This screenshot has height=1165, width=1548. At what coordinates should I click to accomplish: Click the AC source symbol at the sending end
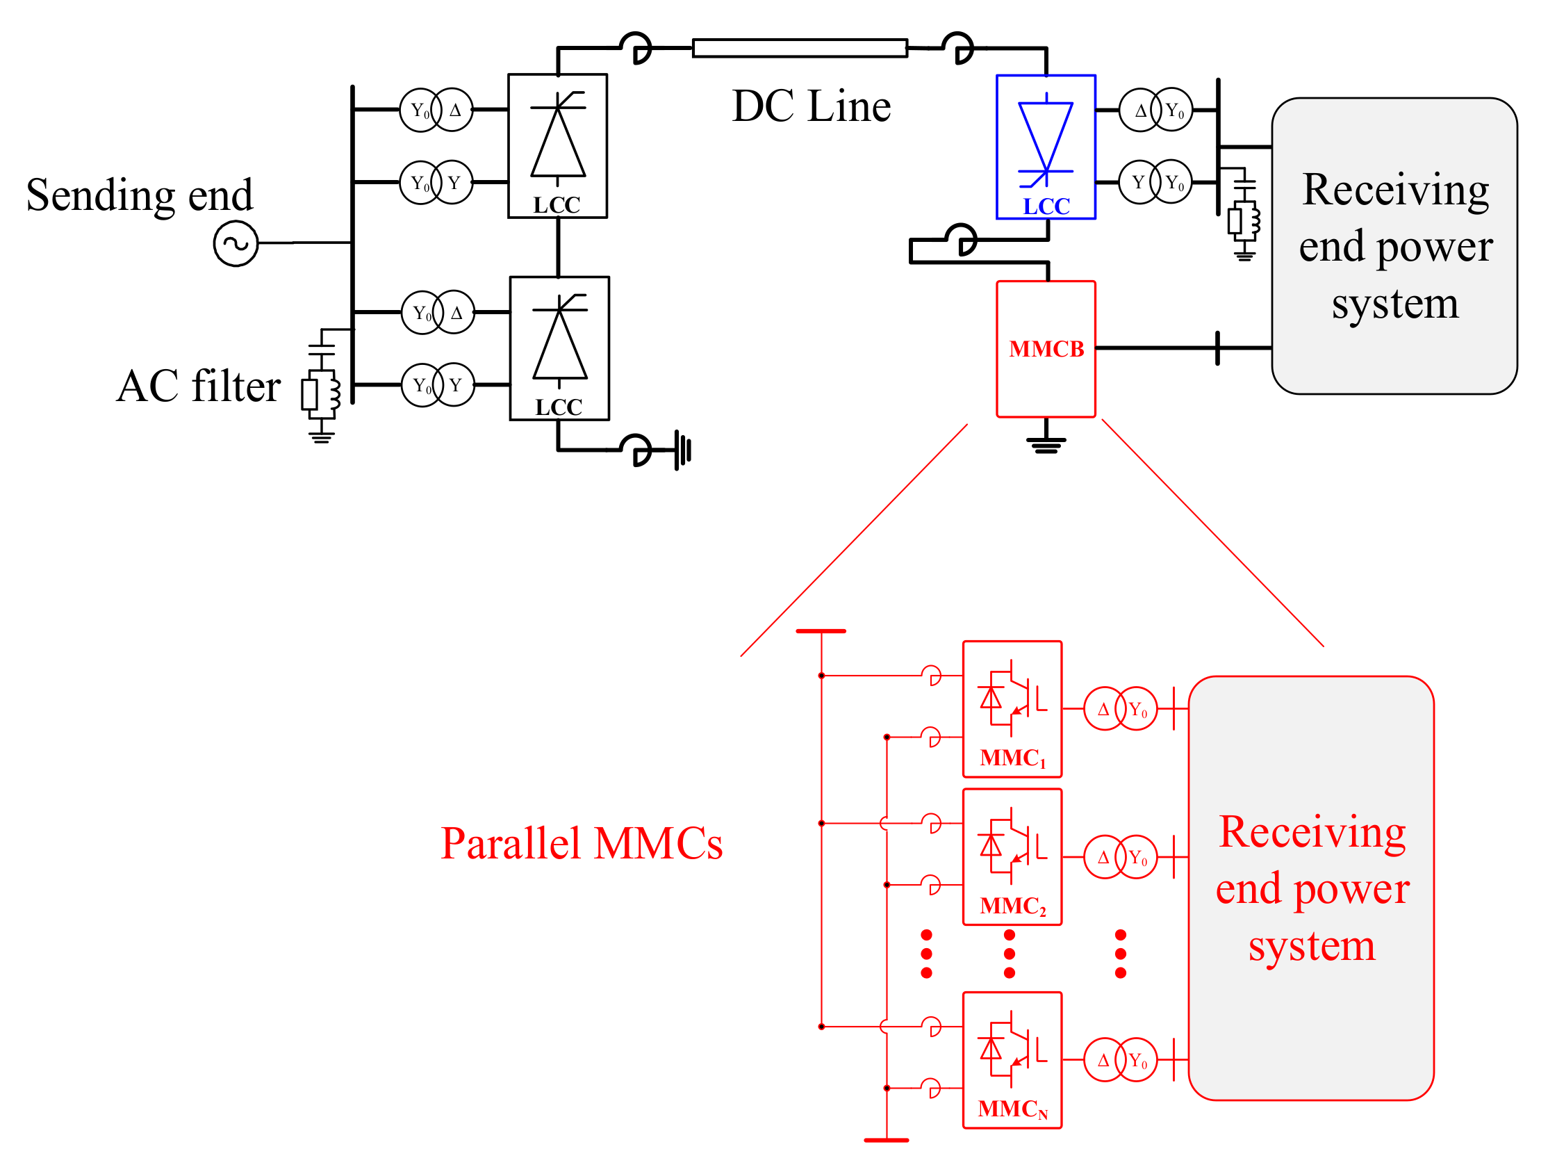click(x=236, y=243)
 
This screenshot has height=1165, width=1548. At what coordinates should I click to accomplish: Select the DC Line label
click(x=811, y=106)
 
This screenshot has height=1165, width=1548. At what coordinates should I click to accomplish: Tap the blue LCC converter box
click(x=1046, y=147)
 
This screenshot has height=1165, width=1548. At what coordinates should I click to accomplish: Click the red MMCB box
click(x=1046, y=349)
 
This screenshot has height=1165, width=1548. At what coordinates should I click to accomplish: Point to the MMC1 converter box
click(x=1012, y=708)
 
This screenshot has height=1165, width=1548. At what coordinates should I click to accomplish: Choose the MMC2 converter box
click(x=1012, y=856)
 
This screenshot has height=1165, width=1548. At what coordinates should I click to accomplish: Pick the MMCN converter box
click(x=1012, y=1059)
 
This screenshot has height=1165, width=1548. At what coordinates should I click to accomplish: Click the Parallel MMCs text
click(x=581, y=843)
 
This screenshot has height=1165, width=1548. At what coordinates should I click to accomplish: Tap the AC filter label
click(x=199, y=386)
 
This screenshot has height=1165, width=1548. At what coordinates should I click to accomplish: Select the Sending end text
click(x=139, y=195)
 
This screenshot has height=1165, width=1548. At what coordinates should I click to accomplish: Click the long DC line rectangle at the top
click(x=799, y=48)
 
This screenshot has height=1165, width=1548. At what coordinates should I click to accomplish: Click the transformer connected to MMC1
click(x=1120, y=708)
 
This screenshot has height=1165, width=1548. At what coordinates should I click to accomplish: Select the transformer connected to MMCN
click(x=1120, y=1059)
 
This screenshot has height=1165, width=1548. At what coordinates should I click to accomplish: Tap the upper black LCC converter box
click(x=557, y=146)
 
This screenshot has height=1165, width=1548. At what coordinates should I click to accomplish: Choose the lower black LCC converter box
click(x=559, y=348)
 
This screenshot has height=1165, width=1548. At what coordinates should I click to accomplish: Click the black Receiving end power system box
click(x=1394, y=246)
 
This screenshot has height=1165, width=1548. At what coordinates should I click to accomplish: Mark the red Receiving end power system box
click(x=1311, y=888)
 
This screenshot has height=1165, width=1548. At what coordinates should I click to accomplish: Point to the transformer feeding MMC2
click(x=1120, y=856)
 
